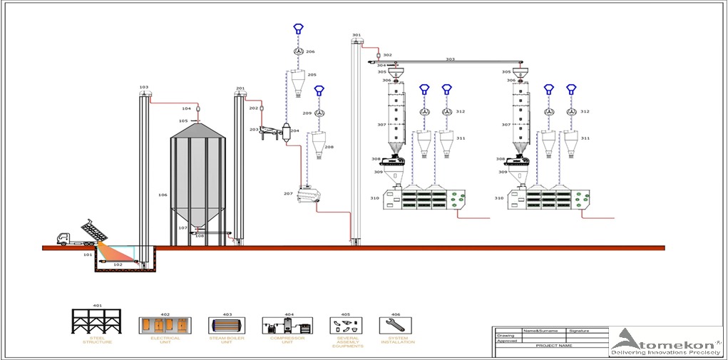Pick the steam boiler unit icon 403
pos(227,325)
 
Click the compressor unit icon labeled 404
pos(287,325)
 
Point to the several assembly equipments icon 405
pos(346,325)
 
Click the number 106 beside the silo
pos(163,195)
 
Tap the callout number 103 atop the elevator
pos(144,88)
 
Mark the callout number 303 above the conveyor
pos(450,59)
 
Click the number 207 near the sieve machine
pos(288,193)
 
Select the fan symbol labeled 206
pos(299,52)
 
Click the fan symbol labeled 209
pos(320,113)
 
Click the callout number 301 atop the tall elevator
pos(357,35)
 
